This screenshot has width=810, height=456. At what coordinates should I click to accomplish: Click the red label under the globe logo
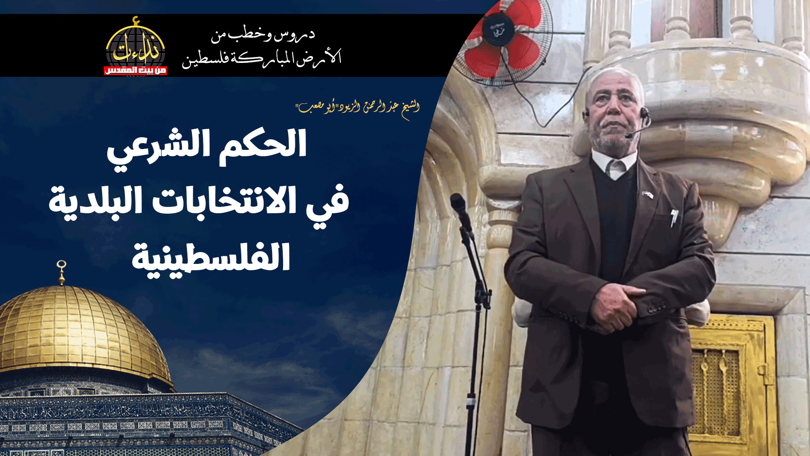click(x=135, y=71)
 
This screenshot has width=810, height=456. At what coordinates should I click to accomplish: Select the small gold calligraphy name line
click(x=359, y=108)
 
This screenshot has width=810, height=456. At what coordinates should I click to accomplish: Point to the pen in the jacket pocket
click(x=674, y=217)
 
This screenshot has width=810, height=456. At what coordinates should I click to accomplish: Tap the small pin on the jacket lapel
click(x=648, y=194)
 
